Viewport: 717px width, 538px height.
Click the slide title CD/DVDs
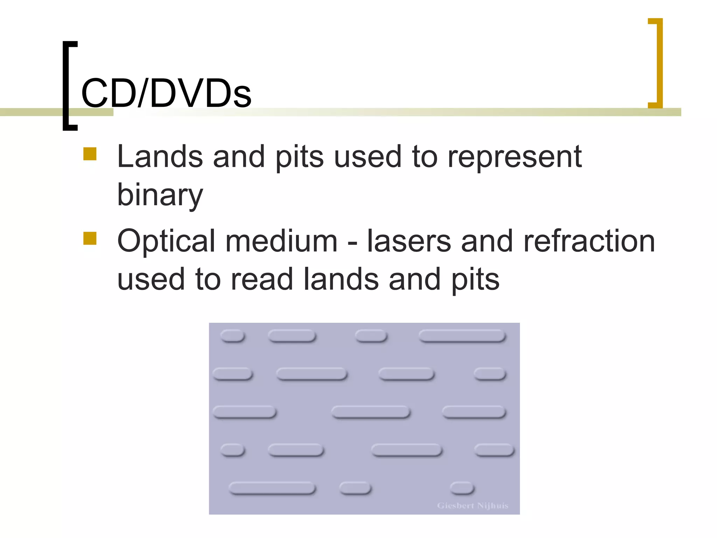coord(166,93)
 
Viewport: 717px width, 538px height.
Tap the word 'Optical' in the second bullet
coord(166,241)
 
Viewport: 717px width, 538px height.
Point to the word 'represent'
coord(514,157)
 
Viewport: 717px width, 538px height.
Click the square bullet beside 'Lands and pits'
coord(90,154)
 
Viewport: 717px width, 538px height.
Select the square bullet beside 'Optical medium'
coord(90,238)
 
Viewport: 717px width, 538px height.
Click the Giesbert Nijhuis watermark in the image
coord(472,505)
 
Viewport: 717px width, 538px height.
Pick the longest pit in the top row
coord(462,336)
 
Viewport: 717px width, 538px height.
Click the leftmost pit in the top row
coord(232,336)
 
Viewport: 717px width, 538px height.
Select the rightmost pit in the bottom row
coord(462,488)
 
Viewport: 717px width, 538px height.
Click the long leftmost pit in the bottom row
coord(272,488)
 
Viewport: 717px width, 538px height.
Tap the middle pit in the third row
coord(371,412)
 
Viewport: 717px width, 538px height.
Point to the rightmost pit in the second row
coord(490,374)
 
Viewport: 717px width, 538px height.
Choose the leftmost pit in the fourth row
coord(232,450)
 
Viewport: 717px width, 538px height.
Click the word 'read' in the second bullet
coord(262,280)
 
